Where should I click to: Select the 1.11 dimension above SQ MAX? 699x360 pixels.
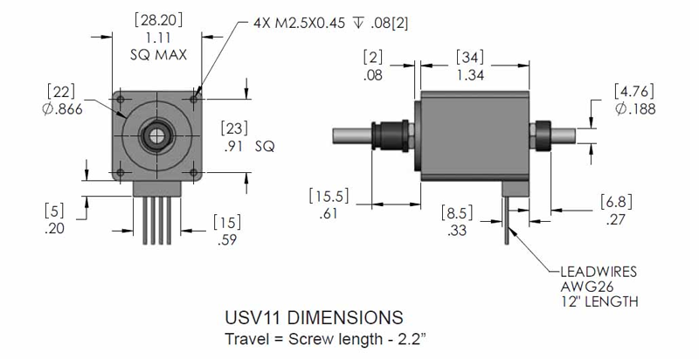[158, 38]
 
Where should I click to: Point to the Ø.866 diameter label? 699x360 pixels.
[62, 109]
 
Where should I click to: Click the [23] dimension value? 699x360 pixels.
[234, 128]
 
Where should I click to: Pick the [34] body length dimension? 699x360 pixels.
[470, 58]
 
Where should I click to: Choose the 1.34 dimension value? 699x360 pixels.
[470, 75]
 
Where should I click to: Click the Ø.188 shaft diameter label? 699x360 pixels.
[635, 108]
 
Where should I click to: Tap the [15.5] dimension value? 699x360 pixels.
[329, 197]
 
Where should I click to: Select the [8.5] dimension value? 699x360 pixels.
[457, 213]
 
